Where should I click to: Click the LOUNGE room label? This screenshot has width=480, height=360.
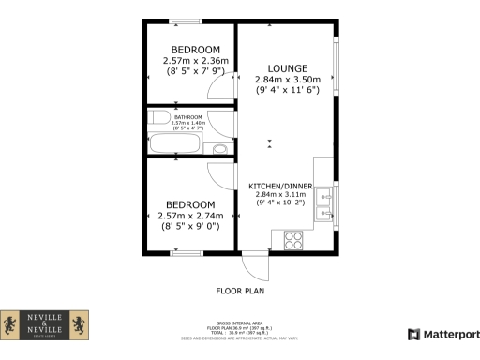click(287, 68)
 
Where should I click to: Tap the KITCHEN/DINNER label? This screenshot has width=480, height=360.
click(287, 186)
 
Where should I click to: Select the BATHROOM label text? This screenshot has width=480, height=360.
click(188, 117)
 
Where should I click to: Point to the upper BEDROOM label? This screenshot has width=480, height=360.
click(195, 50)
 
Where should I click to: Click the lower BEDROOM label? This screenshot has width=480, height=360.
click(190, 204)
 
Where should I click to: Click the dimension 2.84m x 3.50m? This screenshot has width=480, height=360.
click(287, 80)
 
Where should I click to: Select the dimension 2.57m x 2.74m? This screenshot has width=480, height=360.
click(190, 216)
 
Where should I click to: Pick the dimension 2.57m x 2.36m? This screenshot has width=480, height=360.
click(195, 61)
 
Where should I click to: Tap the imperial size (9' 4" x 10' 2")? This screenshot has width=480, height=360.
click(287, 202)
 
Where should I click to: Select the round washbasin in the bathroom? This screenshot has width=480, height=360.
click(219, 149)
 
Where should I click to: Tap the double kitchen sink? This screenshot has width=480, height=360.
click(325, 205)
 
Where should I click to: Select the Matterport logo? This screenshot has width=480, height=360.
click(441, 334)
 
